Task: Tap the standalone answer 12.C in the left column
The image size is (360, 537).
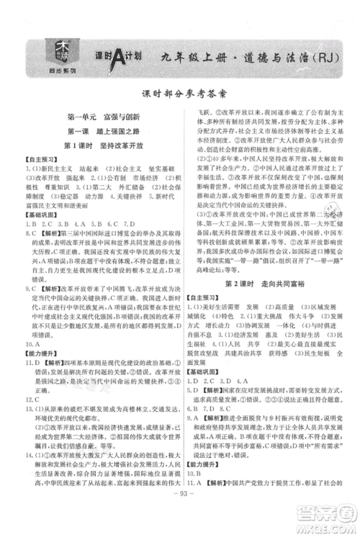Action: tap(32, 397)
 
